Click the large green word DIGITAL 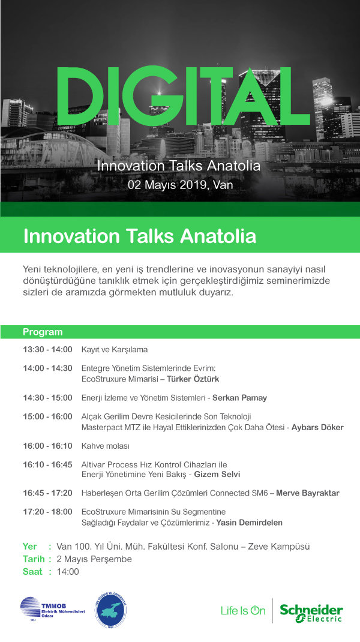(182, 96)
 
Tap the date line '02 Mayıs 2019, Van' (180, 185)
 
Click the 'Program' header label (43, 332)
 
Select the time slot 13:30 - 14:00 (47, 350)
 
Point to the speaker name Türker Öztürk (193, 379)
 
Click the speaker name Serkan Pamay (239, 398)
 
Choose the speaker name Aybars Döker (317, 427)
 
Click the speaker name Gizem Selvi (217, 475)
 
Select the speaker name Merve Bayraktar (308, 493)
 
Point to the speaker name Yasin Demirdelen (250, 523)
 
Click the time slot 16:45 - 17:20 (47, 493)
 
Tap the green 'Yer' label (30, 547)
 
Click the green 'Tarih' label (34, 559)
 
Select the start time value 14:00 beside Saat (68, 572)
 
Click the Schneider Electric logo (311, 613)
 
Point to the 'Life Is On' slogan (243, 611)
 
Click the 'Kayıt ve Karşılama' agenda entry (115, 350)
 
